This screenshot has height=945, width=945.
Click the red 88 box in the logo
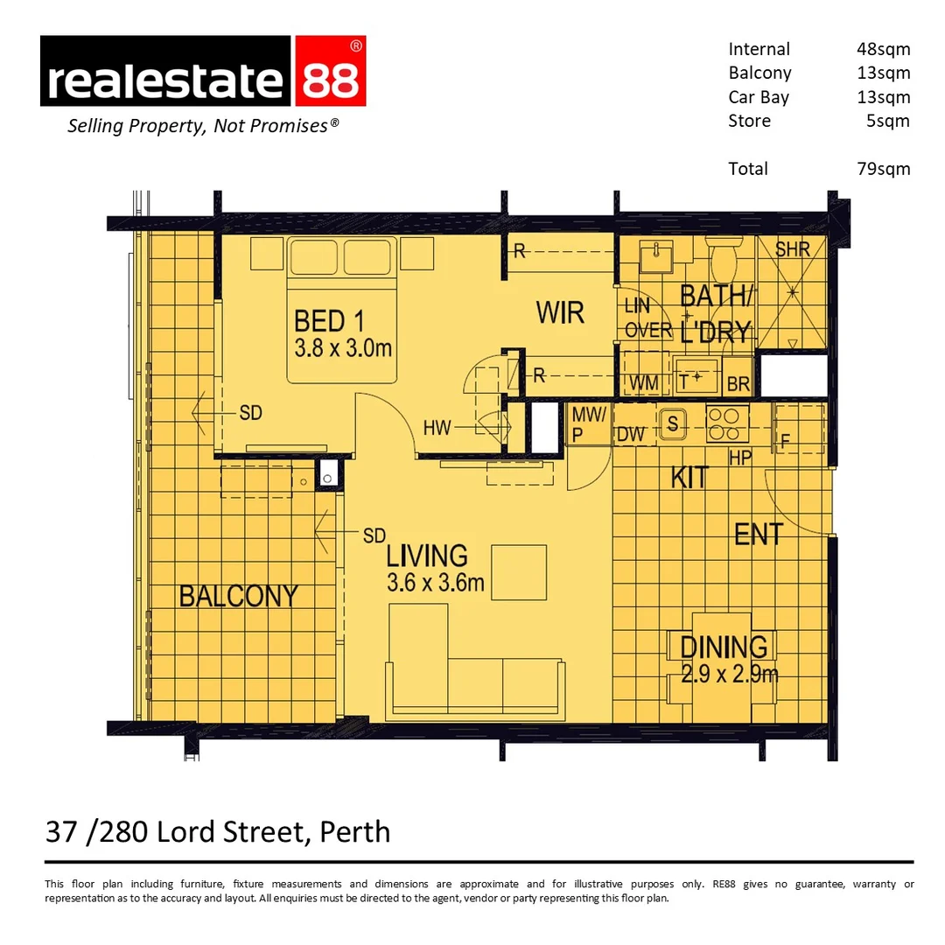tap(330, 71)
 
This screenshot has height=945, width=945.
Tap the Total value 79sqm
tap(883, 169)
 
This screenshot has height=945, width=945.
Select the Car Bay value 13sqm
tap(883, 97)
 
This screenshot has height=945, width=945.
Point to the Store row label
tap(749, 121)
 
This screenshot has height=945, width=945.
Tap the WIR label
tap(560, 312)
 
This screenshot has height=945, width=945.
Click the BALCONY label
tap(239, 596)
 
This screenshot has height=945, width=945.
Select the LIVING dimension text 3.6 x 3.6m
tap(436, 583)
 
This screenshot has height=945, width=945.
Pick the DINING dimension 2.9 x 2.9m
tap(730, 674)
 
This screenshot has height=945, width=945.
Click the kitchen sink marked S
tap(673, 423)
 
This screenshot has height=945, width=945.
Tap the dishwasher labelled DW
tap(631, 434)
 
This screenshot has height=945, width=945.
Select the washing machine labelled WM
tap(645, 381)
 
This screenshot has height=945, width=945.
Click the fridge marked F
tap(786, 441)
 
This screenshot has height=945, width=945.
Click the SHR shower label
tap(792, 249)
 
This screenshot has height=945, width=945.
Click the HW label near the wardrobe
tap(437, 428)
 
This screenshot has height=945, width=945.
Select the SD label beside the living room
tap(374, 535)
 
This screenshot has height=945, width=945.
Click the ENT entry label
tap(758, 535)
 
